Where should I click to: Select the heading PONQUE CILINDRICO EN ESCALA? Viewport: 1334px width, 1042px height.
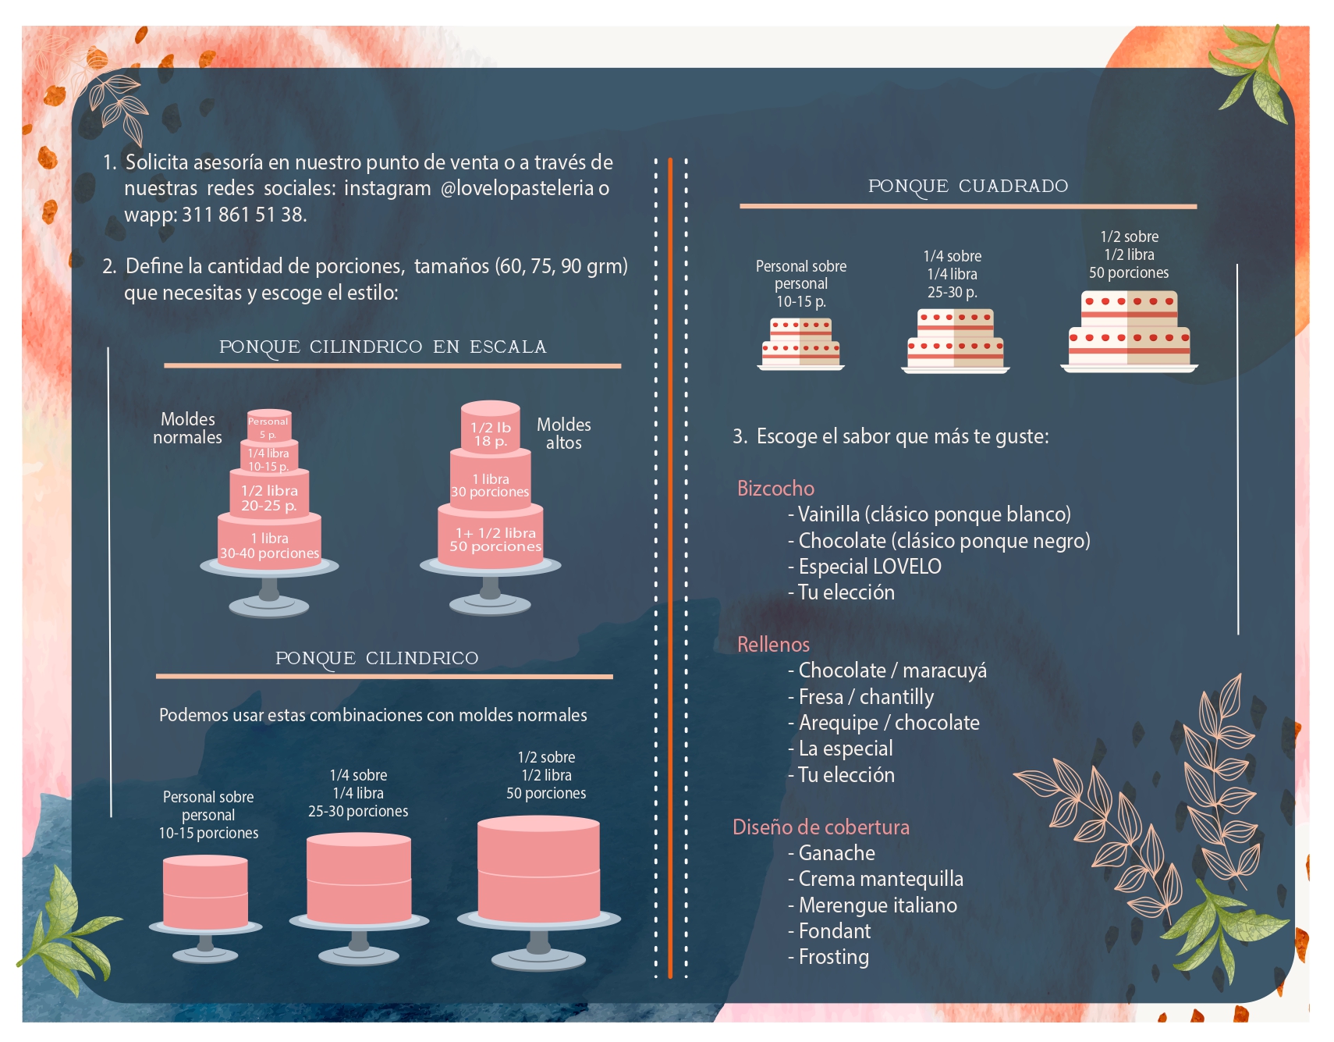[x=382, y=347]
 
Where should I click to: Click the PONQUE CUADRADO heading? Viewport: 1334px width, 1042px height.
[x=967, y=186]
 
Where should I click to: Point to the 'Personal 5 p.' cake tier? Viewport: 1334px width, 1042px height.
[x=268, y=426]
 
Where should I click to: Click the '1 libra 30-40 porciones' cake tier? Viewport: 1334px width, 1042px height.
[x=269, y=546]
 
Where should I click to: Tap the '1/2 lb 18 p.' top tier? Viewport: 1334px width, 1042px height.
[x=490, y=433]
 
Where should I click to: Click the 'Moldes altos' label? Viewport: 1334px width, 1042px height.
[x=563, y=433]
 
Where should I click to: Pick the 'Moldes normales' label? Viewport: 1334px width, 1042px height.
[x=187, y=428]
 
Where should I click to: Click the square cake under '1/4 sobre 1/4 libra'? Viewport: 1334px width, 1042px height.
[x=955, y=340]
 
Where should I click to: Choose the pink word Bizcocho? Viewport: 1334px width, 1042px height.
[x=775, y=489]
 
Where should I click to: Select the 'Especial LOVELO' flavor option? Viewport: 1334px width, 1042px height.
[x=869, y=567]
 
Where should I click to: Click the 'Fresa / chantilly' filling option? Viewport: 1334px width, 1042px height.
[x=865, y=697]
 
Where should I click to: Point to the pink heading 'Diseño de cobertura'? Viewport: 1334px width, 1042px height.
[x=821, y=827]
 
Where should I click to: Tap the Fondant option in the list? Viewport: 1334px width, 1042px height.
[x=834, y=931]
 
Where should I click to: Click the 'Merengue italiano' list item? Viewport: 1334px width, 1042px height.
[x=877, y=905]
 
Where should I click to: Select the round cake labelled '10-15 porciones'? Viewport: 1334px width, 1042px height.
[x=206, y=894]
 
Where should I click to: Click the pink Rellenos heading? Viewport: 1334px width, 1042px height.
[x=773, y=645]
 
